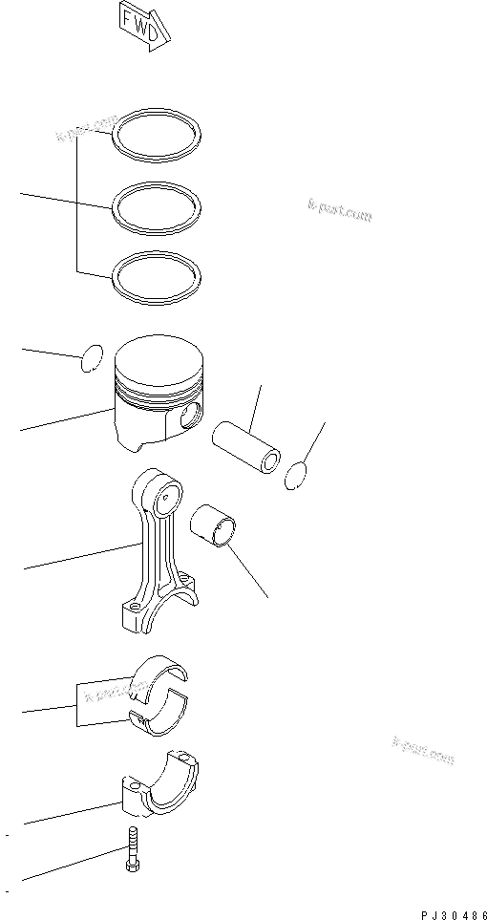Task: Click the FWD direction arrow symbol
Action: [x=144, y=23]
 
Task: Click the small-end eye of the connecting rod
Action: [x=171, y=495]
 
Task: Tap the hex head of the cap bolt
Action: [x=131, y=867]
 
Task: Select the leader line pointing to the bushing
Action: [x=247, y=573]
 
